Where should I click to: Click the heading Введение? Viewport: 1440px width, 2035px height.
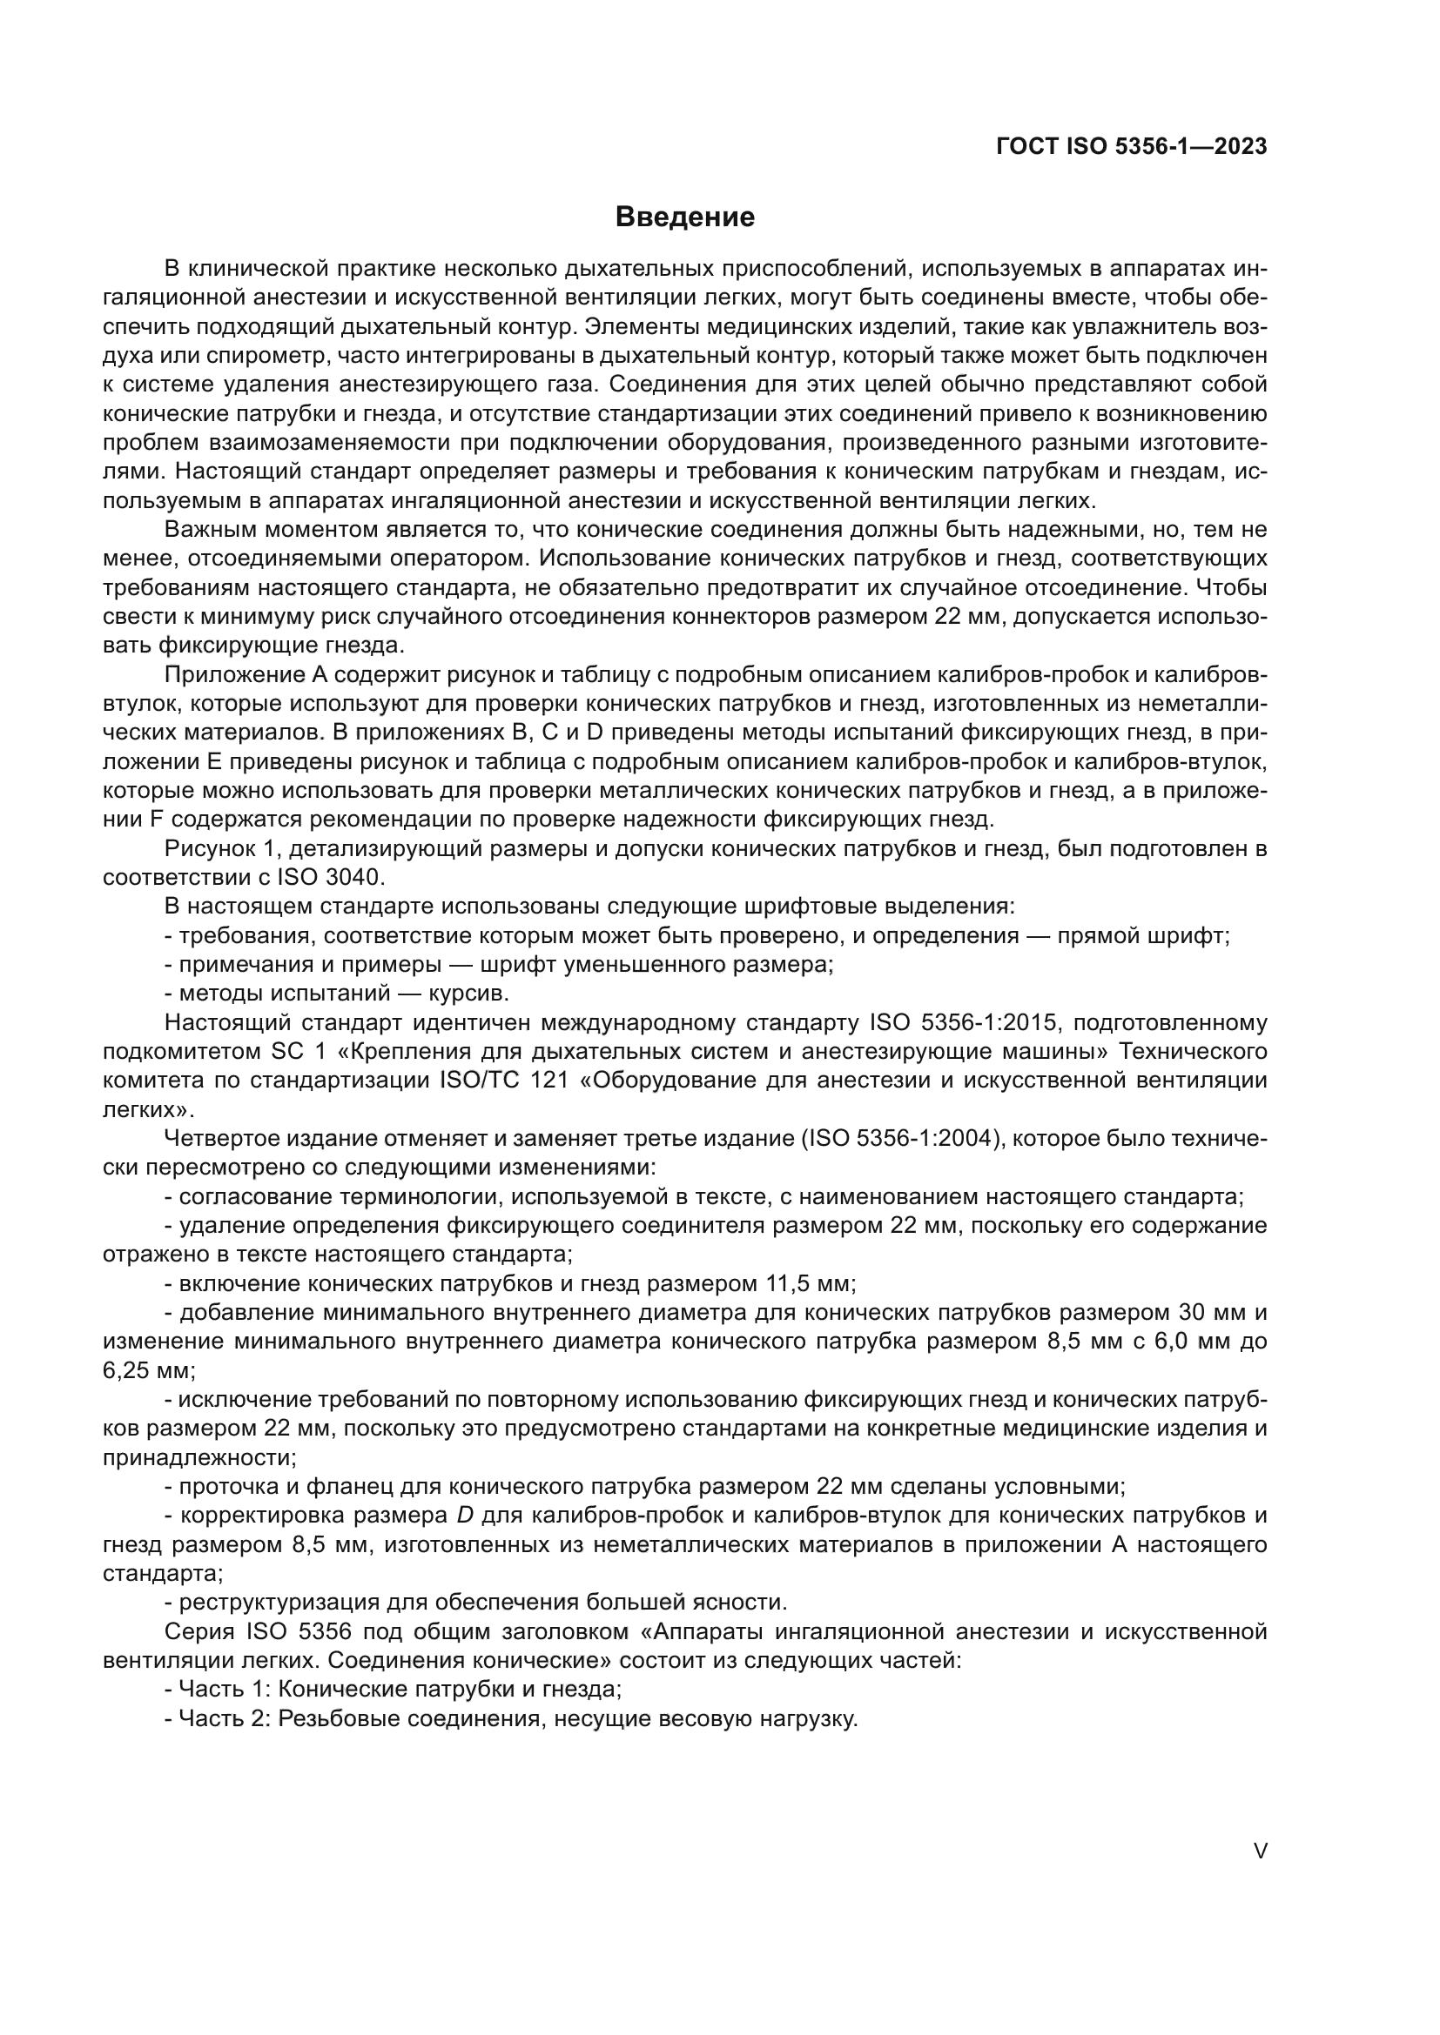click(684, 218)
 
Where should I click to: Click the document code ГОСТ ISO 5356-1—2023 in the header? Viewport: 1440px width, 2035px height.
click(1132, 146)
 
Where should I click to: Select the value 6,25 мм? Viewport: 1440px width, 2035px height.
click(148, 1370)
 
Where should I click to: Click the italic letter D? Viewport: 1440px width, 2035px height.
click(465, 1516)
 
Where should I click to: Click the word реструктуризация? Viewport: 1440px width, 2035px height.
click(279, 1603)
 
